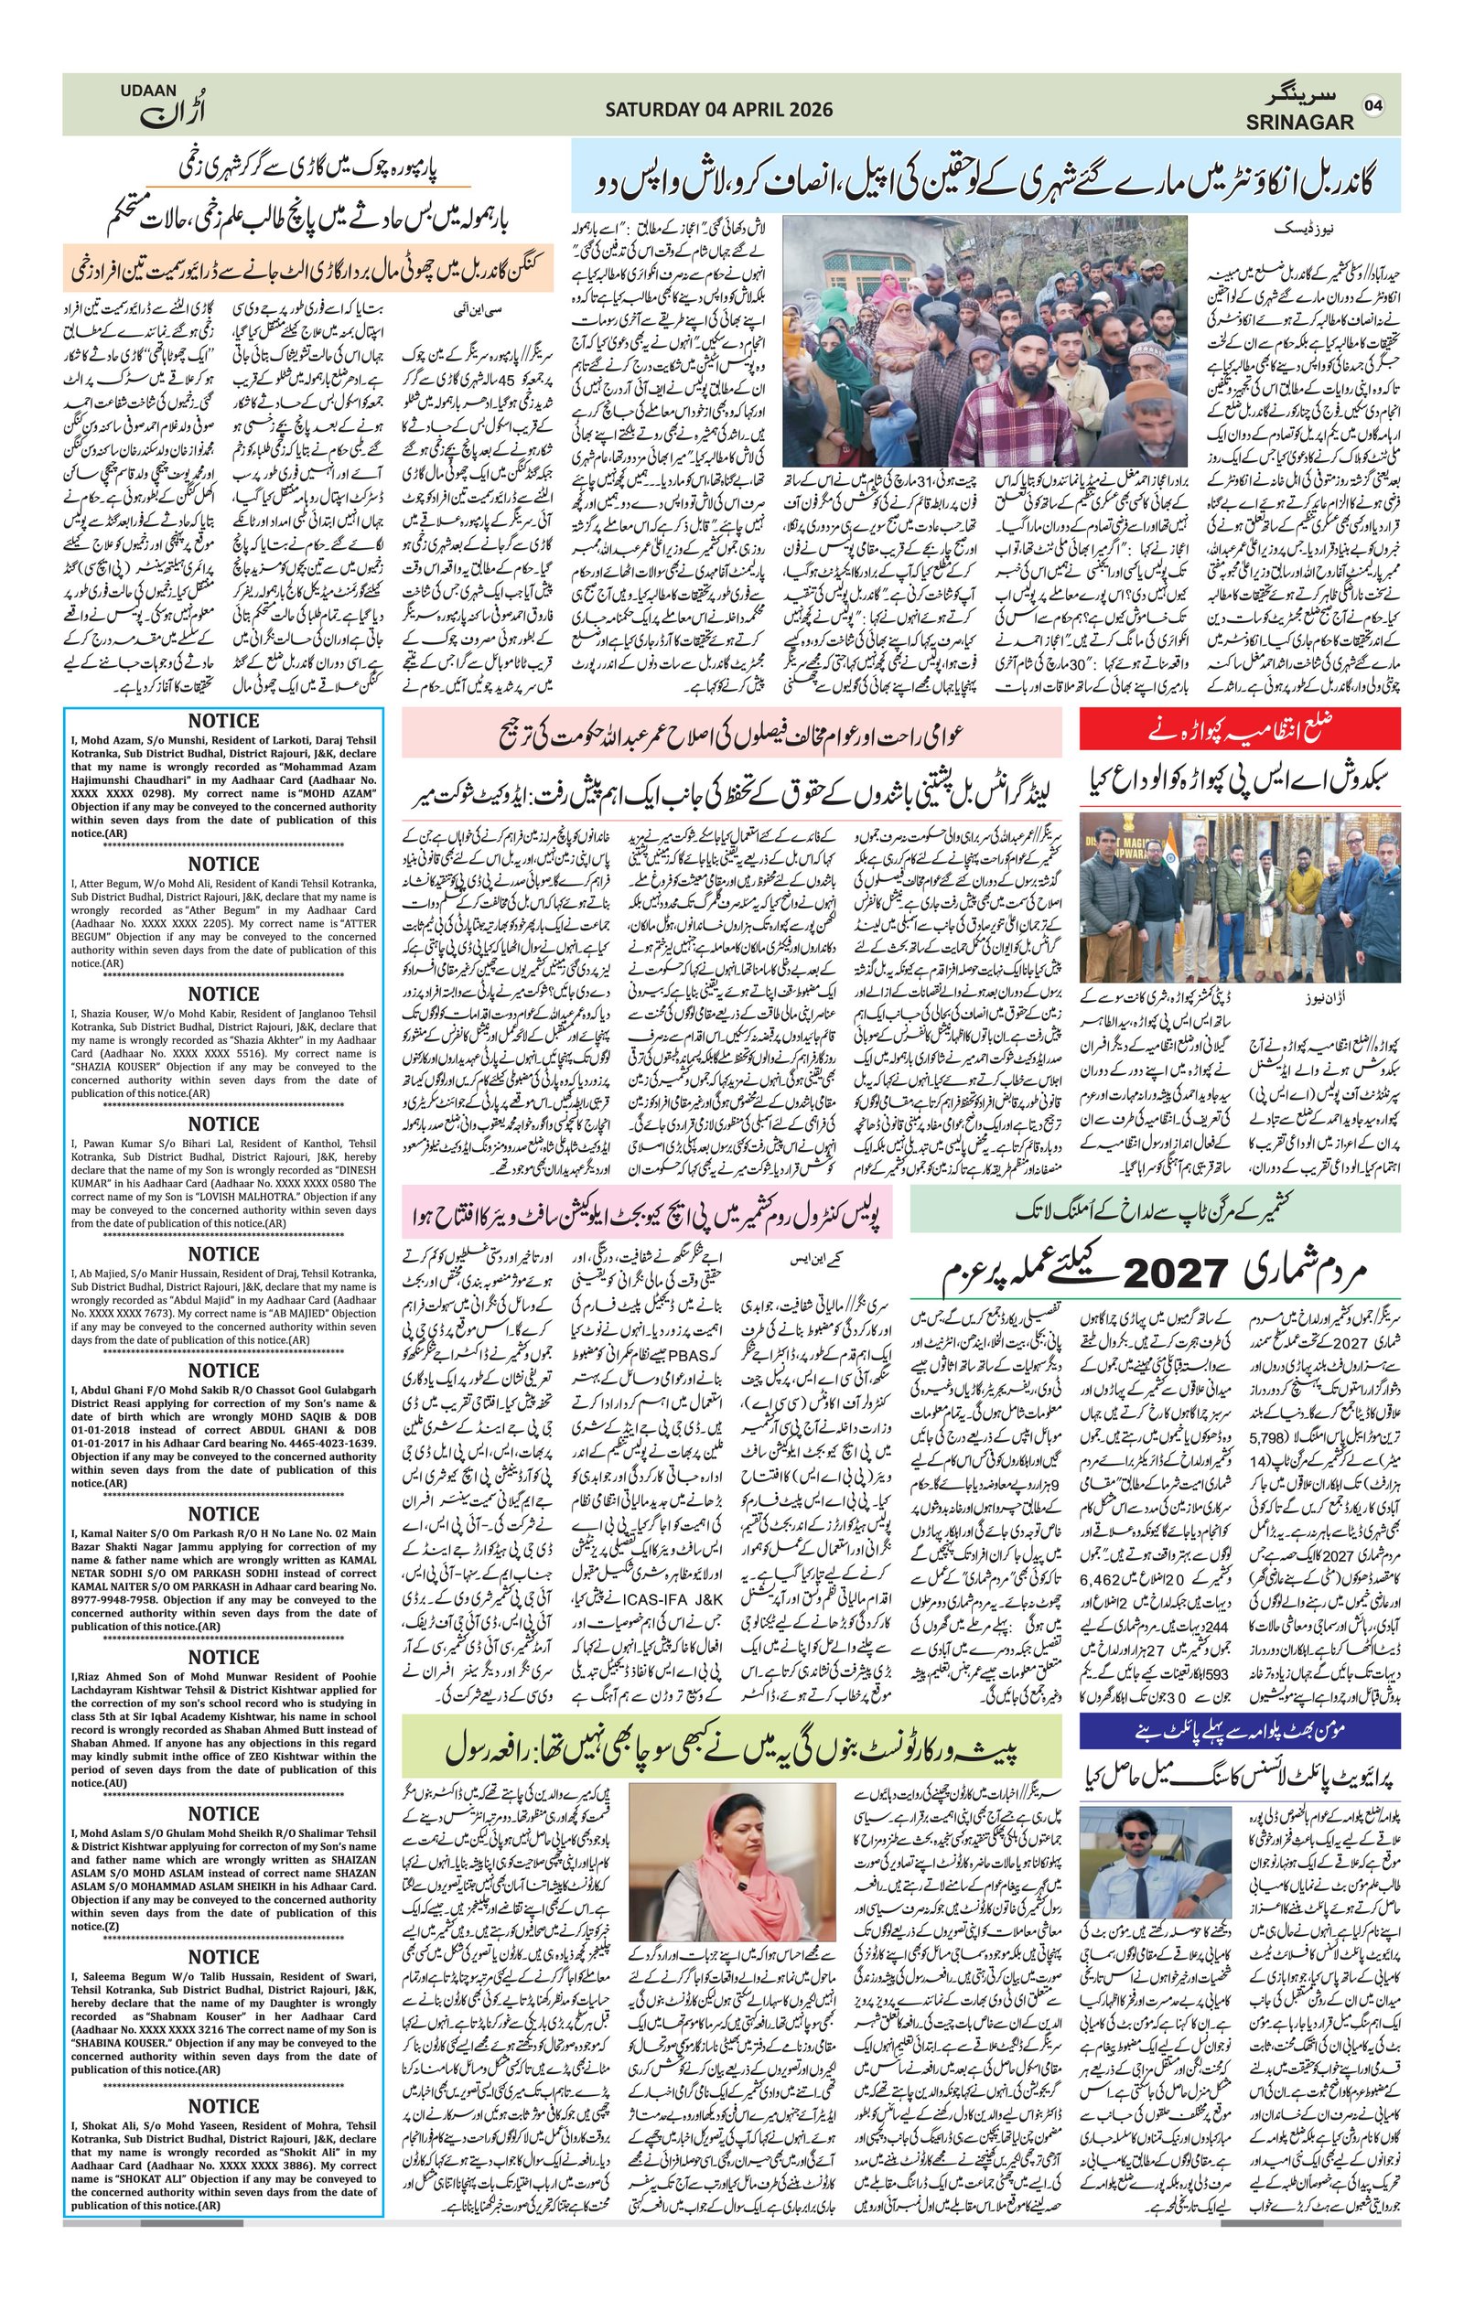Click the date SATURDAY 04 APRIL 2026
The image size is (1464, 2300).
[718, 110]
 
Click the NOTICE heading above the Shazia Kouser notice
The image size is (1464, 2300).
[223, 994]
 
